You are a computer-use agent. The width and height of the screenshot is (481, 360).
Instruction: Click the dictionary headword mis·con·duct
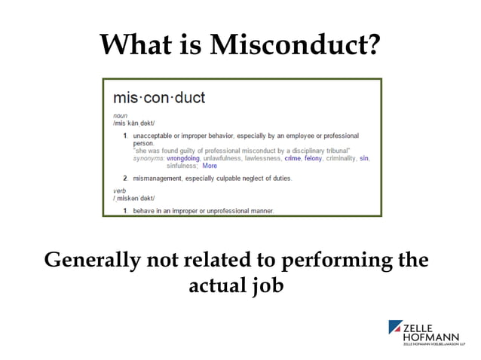point(158,98)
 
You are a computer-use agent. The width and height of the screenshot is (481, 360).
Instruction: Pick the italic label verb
point(119,191)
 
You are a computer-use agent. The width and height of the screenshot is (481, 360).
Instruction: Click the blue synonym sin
point(364,159)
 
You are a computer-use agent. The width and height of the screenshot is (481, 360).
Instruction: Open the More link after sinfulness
point(209,166)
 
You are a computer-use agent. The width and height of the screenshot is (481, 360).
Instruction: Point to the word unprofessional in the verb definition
point(230,211)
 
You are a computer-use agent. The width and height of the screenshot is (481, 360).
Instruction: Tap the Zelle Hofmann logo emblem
point(396,328)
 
